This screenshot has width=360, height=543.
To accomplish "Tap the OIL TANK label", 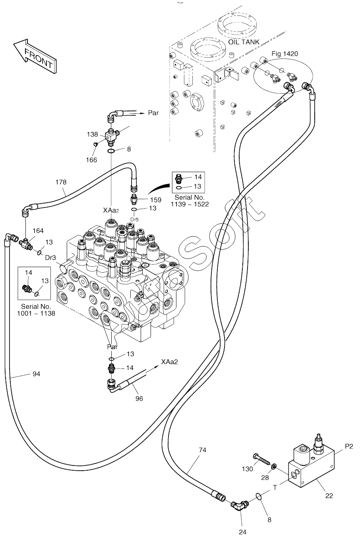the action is pyautogui.click(x=244, y=42).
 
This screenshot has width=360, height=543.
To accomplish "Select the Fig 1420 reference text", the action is pyautogui.click(x=285, y=54).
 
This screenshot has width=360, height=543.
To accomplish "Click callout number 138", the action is pyautogui.click(x=92, y=134).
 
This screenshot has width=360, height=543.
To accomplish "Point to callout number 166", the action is pyautogui.click(x=91, y=160).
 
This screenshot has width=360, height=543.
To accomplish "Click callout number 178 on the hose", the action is pyautogui.click(x=61, y=182).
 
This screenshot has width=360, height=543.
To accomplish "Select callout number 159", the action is pyautogui.click(x=155, y=200).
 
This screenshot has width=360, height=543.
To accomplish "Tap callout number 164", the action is pyautogui.click(x=38, y=231).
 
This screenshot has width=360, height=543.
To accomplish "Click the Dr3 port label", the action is pyautogui.click(x=50, y=258).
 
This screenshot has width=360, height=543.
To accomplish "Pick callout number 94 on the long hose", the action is pyautogui.click(x=36, y=374).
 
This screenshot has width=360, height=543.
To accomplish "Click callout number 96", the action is pyautogui.click(x=139, y=399).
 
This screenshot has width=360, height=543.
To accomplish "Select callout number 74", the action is pyautogui.click(x=202, y=450).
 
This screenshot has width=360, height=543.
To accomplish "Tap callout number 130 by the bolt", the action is pyautogui.click(x=247, y=469).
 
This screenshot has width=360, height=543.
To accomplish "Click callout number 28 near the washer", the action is pyautogui.click(x=265, y=478).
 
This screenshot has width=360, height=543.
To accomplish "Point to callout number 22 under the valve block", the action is pyautogui.click(x=329, y=496).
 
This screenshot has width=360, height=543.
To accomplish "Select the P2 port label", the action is pyautogui.click(x=349, y=446).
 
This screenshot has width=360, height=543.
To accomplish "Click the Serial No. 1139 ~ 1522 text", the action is pyautogui.click(x=190, y=201).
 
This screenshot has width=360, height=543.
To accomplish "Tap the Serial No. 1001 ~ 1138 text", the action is pyautogui.click(x=36, y=310).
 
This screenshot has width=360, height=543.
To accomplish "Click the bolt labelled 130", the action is pyautogui.click(x=262, y=460).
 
